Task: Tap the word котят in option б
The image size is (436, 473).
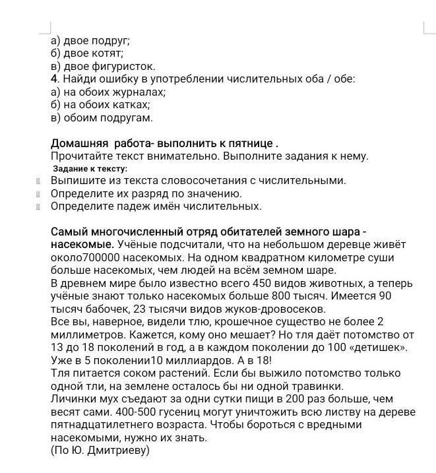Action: [x=108, y=53]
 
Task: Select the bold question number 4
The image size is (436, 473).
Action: [x=54, y=79]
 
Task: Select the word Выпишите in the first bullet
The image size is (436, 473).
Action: [x=77, y=180]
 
